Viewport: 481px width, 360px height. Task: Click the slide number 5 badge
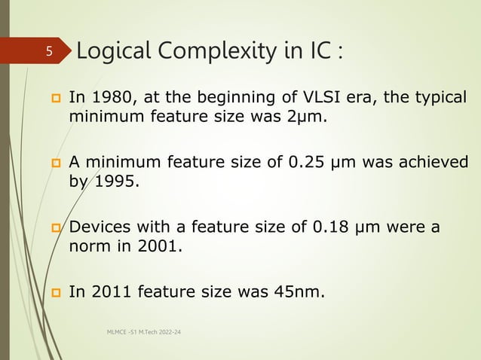47,52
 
